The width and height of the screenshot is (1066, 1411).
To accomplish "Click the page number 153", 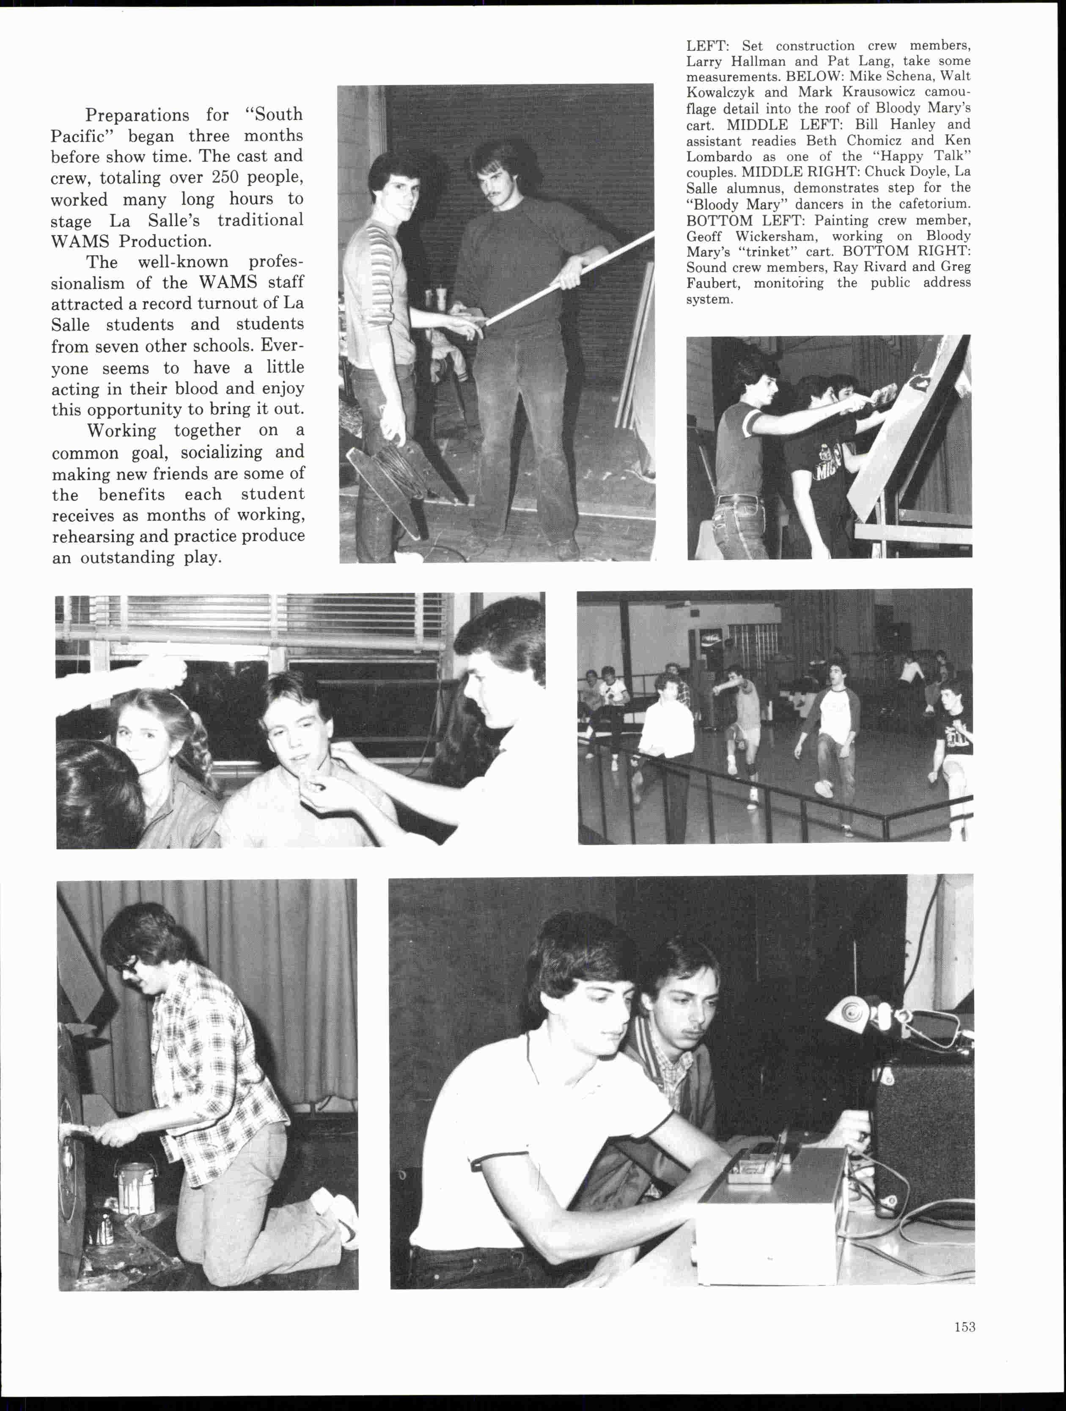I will click(964, 1327).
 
